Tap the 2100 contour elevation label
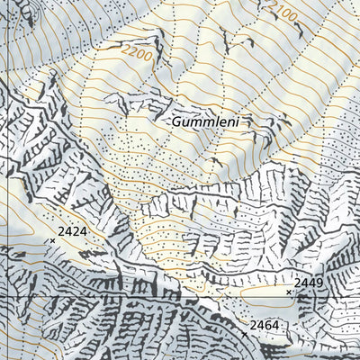(283, 17)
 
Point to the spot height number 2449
(309, 283)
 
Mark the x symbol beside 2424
(52, 240)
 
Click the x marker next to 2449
(289, 292)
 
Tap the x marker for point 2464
(245, 334)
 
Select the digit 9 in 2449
(319, 283)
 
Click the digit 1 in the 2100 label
(277, 13)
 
